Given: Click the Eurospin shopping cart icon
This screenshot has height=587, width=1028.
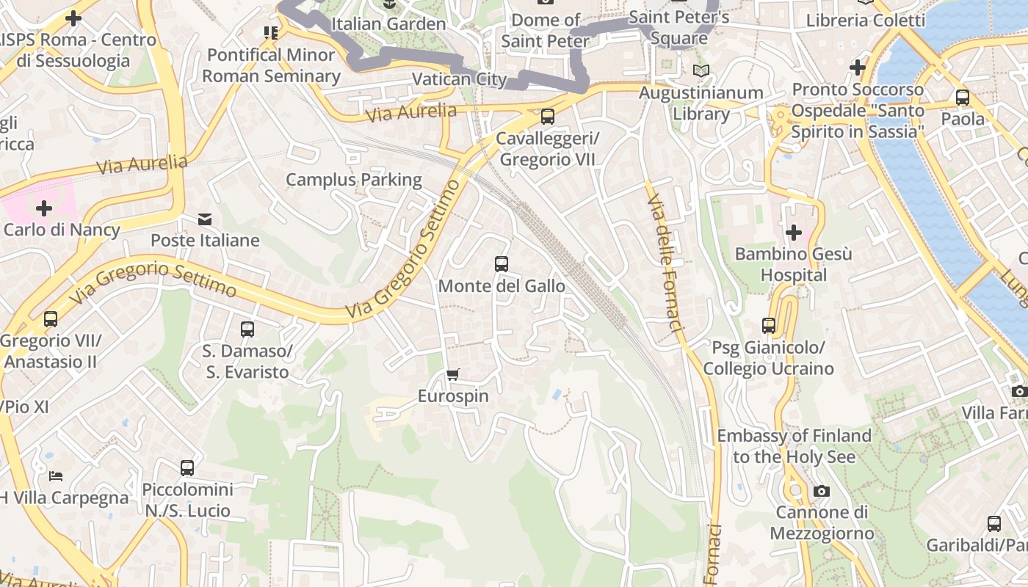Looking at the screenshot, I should [453, 375].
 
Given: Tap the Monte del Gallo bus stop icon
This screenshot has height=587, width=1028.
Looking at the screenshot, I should [502, 264].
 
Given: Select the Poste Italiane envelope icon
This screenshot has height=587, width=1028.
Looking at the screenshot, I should [205, 219].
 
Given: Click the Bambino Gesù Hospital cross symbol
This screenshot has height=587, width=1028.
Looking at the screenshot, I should [793, 233].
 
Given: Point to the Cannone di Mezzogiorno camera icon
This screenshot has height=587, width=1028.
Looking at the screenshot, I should [822, 491].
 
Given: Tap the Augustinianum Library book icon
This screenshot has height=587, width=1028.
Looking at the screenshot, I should [701, 71].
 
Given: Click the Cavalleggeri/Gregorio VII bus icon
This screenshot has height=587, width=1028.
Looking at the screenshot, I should [547, 117].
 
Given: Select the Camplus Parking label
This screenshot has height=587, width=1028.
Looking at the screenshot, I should [354, 180].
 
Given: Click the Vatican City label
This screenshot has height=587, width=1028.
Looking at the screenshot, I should [459, 79].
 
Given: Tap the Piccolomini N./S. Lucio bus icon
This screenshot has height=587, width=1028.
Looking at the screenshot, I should [187, 468].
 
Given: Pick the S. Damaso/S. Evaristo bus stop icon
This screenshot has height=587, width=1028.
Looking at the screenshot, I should [247, 329].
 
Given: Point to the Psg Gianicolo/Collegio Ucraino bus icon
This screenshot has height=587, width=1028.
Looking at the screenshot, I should [769, 326].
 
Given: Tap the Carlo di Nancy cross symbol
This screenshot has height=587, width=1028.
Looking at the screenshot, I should [44, 208].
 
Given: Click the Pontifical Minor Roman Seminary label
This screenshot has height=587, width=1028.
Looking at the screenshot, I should [271, 65].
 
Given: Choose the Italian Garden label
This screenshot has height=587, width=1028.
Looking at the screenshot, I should [388, 23].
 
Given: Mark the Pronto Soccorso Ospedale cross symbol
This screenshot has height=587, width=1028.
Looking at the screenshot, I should [857, 68].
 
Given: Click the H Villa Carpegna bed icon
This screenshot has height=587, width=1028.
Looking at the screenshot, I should [56, 476].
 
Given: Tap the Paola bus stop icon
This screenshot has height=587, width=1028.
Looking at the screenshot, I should [962, 98].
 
